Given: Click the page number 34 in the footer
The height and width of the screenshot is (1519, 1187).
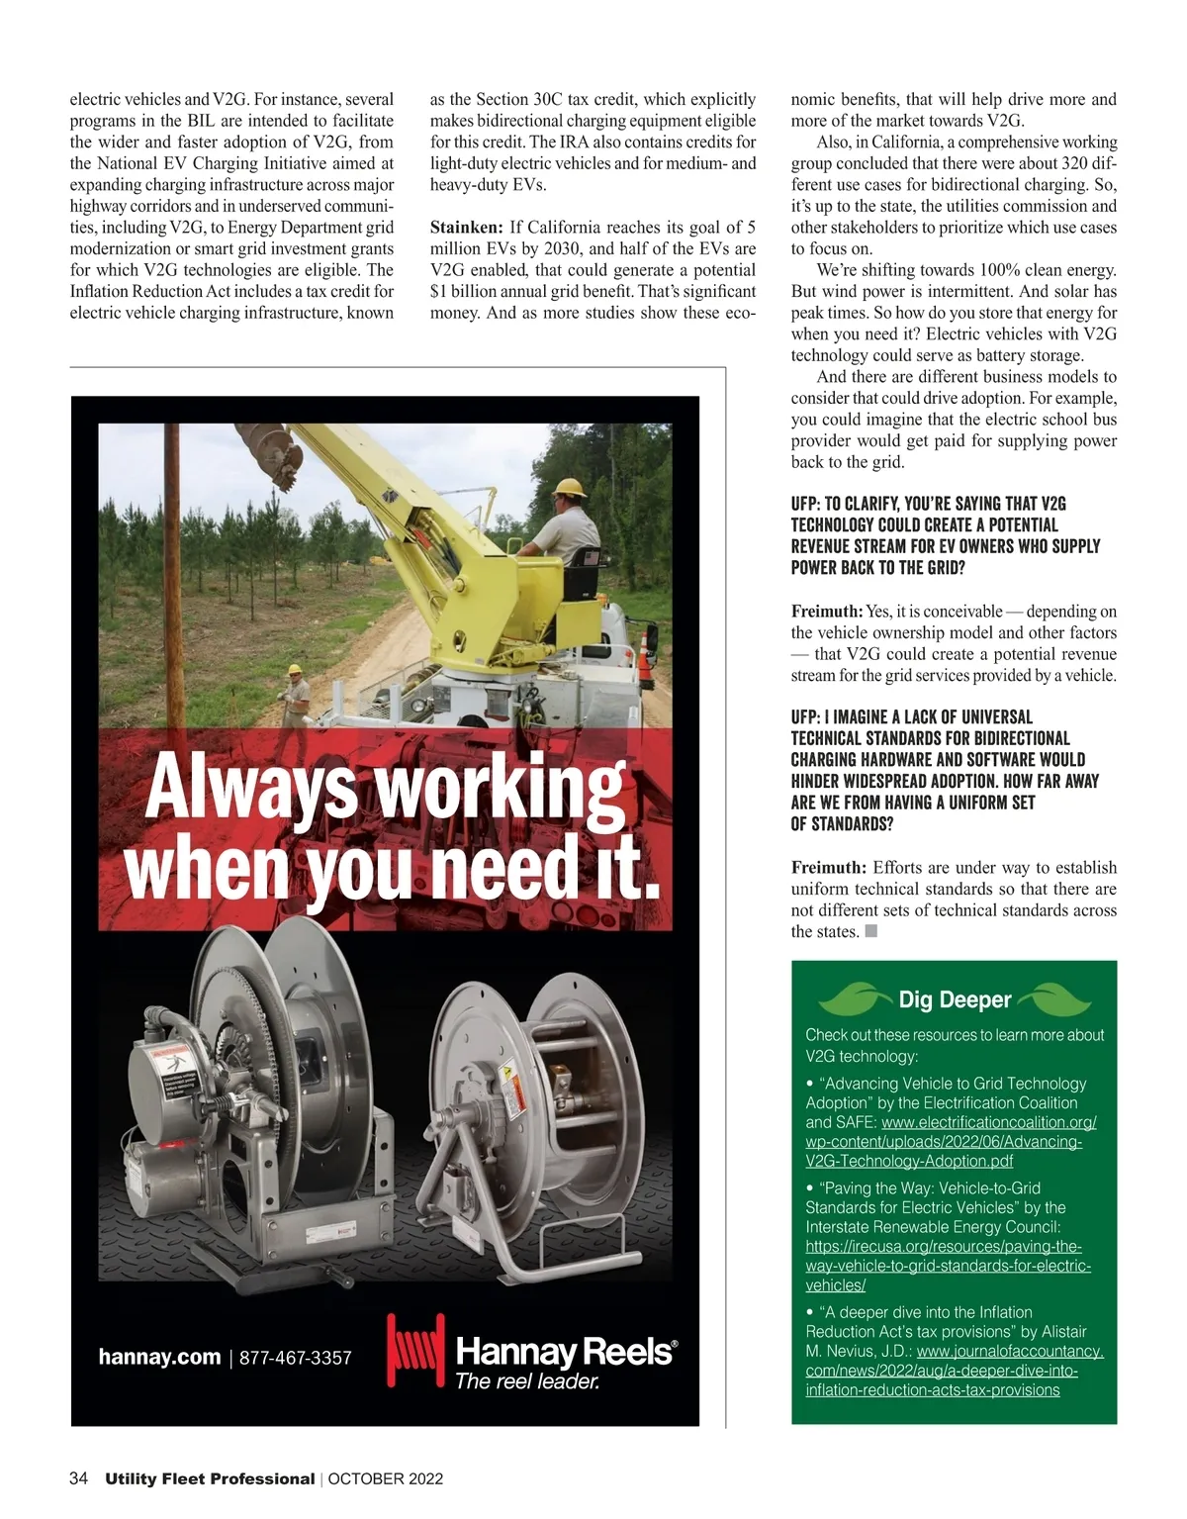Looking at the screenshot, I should (x=78, y=1478).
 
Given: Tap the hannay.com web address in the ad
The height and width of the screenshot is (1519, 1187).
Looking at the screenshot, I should (x=159, y=1357).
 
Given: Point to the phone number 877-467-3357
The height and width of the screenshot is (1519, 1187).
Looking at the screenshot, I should (x=296, y=1358).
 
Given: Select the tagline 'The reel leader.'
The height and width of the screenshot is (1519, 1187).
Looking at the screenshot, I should (x=527, y=1381).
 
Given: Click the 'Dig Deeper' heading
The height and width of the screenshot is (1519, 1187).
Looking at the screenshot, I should (x=955, y=999).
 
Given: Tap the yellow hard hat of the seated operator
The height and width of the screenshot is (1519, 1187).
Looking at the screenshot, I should (x=571, y=487).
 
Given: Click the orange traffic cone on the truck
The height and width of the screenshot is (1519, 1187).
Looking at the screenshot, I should (x=646, y=654).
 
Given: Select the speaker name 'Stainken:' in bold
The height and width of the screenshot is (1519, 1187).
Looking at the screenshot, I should (x=467, y=228).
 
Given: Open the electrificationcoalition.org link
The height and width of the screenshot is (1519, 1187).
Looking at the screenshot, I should (x=951, y=1142).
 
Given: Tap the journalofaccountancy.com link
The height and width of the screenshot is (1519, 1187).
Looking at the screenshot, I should (x=954, y=1371).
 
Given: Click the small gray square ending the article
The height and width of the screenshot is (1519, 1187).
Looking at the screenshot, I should (x=871, y=931).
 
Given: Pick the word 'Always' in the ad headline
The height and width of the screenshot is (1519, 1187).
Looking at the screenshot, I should (x=250, y=788).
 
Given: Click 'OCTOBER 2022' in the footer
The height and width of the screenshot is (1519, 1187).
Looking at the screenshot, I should (x=385, y=1479).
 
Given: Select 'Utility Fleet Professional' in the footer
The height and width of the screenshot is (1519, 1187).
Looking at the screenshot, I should (x=210, y=1479).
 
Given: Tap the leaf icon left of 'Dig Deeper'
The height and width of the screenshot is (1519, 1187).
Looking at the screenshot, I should (x=852, y=999).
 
